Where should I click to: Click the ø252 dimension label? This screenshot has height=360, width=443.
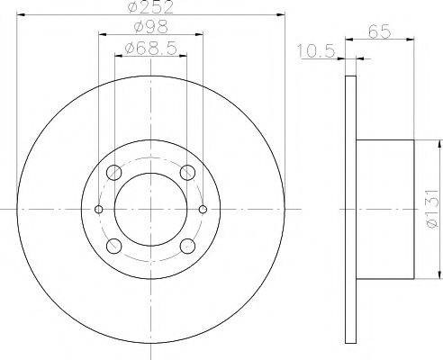pos(150,7)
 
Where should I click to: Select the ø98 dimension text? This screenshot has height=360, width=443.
pos(151,28)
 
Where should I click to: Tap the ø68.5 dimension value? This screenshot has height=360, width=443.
pos(150,48)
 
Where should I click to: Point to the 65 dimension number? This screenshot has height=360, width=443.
pos(379,31)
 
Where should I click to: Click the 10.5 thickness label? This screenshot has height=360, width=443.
pos(316,51)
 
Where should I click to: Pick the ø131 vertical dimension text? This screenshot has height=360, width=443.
pos(434,209)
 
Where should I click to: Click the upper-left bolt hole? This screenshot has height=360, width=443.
pos(114,173)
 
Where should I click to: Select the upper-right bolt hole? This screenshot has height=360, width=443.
pos(187,173)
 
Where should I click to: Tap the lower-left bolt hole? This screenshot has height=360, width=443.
pos(114,246)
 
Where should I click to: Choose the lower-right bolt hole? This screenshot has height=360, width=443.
pos(187,246)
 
